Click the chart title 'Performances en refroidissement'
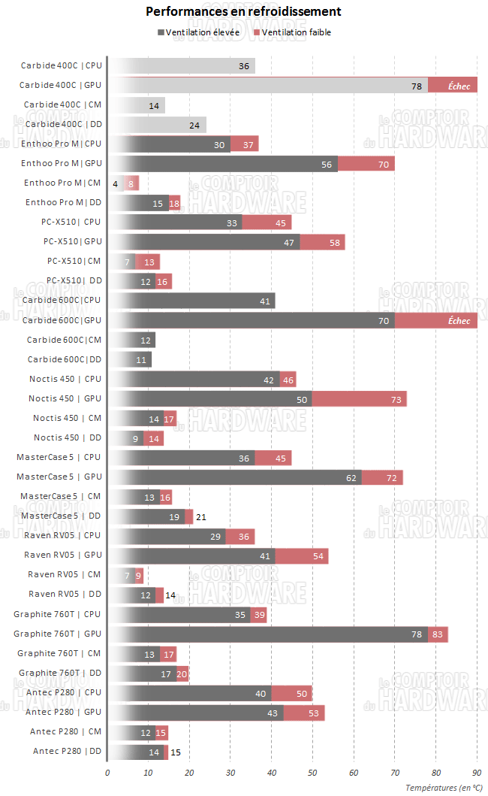point(243,12)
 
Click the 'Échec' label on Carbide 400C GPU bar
point(459,86)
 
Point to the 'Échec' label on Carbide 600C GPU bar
point(459,321)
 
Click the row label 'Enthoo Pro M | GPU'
point(61,163)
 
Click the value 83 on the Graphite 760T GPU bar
point(439,634)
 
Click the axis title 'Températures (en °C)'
point(444,787)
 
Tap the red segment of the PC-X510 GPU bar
point(322,242)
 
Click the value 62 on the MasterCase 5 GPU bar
point(352,477)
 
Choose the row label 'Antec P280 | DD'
point(67,751)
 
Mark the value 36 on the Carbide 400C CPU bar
point(244,66)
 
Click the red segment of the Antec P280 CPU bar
point(292,692)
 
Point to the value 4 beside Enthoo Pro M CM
point(115,183)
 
